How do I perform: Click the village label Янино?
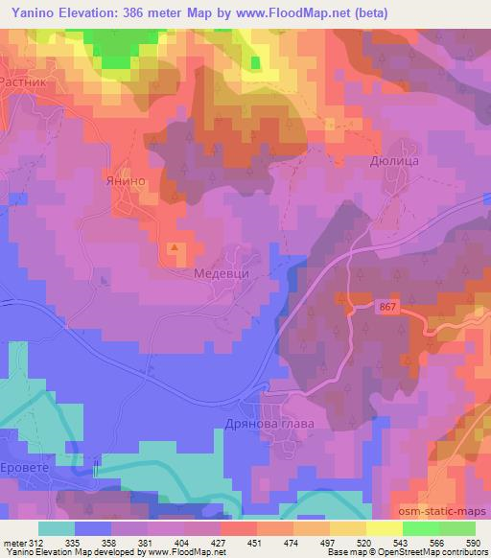coord(125,178)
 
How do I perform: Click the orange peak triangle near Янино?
coord(175,247)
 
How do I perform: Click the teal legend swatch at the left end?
coord(56,528)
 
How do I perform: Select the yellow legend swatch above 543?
coord(385,528)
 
